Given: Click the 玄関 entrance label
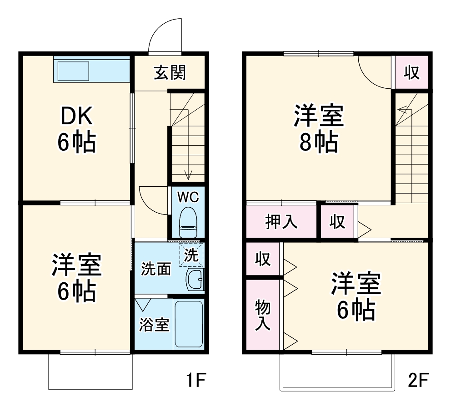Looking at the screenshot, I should (170, 72).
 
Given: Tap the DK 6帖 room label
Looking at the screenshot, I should (76, 130).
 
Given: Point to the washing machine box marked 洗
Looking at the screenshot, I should (191, 255).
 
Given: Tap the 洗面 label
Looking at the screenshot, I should (155, 269).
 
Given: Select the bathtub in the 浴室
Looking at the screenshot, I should (188, 324).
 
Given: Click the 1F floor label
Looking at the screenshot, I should (196, 379).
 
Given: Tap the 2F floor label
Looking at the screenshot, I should (418, 379).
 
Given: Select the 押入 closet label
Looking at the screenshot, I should (281, 222).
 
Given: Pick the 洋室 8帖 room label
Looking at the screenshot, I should (318, 129).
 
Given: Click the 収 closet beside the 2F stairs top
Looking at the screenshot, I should (411, 72).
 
